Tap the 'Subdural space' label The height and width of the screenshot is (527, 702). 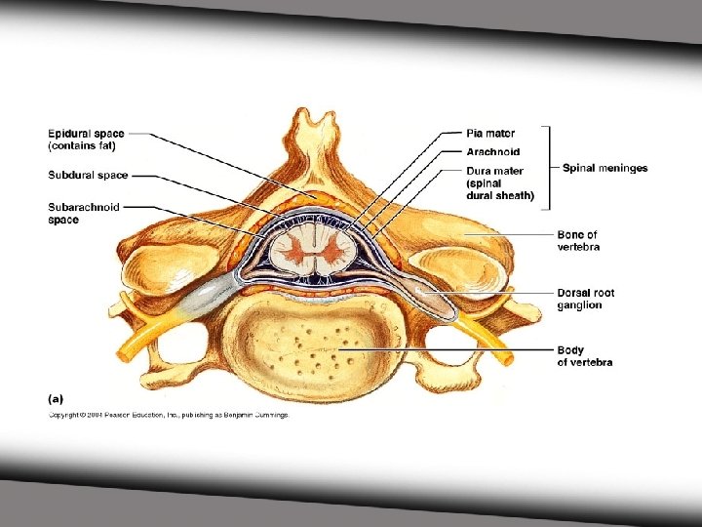[x=88, y=176]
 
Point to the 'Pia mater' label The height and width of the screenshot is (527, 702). [x=490, y=133]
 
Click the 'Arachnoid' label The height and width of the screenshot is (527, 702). [x=492, y=152]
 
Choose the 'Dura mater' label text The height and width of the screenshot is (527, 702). [x=494, y=172]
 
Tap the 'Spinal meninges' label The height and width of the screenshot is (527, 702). [x=604, y=168]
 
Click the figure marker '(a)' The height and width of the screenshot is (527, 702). [x=57, y=397]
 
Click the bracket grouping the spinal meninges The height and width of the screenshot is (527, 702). [x=549, y=167]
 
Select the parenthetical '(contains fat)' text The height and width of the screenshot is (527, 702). [x=83, y=146]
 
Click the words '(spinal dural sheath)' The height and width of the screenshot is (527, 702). [x=500, y=189]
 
